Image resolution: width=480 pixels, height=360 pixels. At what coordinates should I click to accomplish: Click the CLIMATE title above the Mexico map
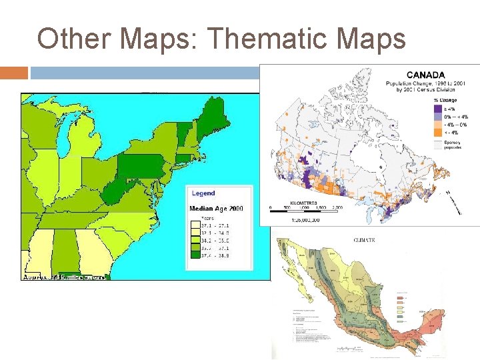363,240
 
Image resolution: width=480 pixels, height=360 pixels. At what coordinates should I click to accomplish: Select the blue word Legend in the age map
203,193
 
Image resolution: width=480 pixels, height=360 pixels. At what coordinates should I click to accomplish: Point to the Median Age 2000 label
217,209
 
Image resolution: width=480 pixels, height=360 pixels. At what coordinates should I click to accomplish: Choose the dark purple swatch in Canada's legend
439,108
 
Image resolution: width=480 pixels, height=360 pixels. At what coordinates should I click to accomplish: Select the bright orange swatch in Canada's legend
439,132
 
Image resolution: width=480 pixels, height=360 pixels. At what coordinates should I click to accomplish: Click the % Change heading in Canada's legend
446,100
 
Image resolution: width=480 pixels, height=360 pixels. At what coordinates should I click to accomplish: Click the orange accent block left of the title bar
14,72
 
